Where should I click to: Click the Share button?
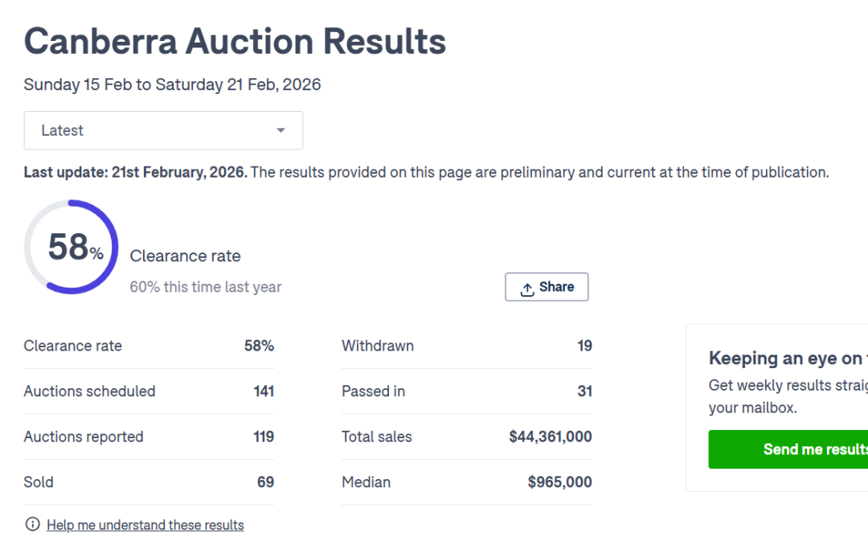point(547,287)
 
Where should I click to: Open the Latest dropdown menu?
point(163,130)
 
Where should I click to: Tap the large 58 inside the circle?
point(68,247)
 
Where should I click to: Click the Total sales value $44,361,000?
point(551,436)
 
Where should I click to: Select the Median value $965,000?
point(559,482)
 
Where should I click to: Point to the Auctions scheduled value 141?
point(264,391)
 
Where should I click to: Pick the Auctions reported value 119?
point(264,436)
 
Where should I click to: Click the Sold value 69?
point(265,482)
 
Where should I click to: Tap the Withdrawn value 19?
point(584,346)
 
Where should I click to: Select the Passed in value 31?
point(584,391)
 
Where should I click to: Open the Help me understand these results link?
point(145,525)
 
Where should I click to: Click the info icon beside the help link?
point(33,525)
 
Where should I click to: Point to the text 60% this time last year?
point(206,287)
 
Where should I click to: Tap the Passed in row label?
point(373,391)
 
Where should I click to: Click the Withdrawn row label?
point(378,346)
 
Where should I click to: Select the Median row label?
point(366,482)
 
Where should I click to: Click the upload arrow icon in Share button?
point(527,289)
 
